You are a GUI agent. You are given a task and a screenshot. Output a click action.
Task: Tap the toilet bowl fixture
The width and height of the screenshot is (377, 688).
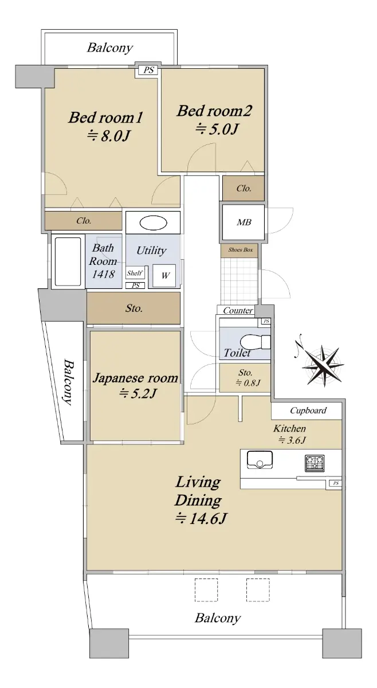pos(255,342)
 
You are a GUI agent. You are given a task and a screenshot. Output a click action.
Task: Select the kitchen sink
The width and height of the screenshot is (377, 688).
pos(260,459)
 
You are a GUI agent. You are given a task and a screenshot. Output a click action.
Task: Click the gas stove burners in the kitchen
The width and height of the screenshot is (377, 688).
pos(315,463)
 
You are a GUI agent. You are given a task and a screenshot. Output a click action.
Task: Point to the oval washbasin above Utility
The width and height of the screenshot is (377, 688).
pos(154,222)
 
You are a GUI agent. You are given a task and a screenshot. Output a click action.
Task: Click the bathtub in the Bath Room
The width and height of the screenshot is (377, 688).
pos(68,261)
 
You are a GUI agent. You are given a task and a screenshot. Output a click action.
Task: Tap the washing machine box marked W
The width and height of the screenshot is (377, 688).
pos(164,276)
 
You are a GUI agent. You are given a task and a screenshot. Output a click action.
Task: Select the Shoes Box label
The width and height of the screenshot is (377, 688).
pos(241,250)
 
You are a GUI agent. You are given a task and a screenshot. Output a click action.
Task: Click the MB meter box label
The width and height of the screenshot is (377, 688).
pos(244,222)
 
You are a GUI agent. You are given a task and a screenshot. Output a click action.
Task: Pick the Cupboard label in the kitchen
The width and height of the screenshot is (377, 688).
pos(308,411)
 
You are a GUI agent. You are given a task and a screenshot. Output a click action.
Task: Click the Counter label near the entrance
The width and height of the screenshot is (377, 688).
pos(238,310)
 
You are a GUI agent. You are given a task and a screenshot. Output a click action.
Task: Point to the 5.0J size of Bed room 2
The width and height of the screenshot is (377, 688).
pos(217,129)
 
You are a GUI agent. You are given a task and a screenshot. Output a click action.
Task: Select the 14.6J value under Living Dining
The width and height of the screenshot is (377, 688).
pos(201,519)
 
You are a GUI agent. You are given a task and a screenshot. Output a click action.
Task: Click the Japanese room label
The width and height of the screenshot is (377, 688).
pos(135,378)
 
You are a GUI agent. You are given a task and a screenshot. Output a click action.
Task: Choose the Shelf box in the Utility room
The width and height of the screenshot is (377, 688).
pos(135,273)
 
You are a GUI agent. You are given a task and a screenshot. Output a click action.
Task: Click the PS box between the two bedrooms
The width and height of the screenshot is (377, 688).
pos(148,70)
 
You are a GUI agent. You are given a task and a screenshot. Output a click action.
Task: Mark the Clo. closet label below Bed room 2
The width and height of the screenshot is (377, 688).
pos(244,188)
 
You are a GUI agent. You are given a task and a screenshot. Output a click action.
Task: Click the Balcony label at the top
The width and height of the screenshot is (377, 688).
pos(110,48)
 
